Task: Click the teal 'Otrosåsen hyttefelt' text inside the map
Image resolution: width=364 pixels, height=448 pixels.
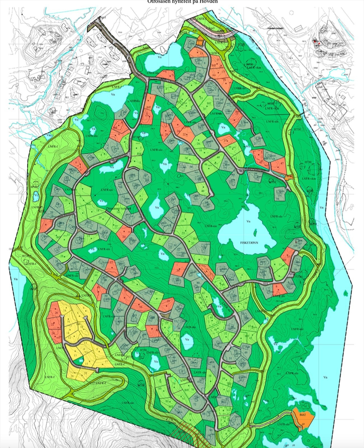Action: pyautogui.click(x=119, y=209)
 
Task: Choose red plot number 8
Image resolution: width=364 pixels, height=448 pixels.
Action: pyautogui.click(x=78, y=164)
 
